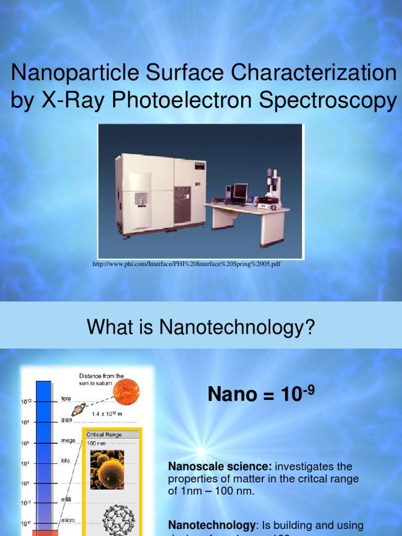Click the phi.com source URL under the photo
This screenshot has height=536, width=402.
click(186, 264)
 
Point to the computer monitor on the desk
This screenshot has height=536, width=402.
click(240, 192)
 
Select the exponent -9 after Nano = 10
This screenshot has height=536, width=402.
click(308, 388)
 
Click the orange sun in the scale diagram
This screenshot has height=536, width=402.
click(126, 392)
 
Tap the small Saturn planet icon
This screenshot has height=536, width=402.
click(79, 410)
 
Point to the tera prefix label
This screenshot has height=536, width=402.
click(66, 398)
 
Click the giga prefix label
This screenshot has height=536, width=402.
click(66, 419)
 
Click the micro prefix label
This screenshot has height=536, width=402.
click(68, 520)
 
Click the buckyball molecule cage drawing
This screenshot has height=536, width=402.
click(118, 519)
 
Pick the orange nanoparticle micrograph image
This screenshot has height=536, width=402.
click(107, 470)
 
